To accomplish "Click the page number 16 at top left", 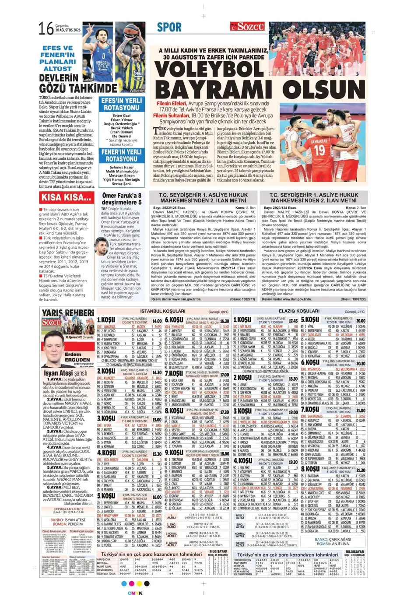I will coord(46,29).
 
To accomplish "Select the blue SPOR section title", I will coord(169,27).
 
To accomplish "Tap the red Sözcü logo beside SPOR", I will coord(251,27).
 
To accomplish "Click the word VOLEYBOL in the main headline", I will coord(210,70).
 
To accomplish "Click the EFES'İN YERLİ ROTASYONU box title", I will coord(122,104).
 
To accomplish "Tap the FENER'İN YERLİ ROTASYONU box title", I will coord(122,155).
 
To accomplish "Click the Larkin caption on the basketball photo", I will coord(88,80).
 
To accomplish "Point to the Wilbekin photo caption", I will coord(137,90).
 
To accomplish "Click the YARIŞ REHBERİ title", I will coord(68,312).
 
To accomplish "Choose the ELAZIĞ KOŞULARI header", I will coord(299,311).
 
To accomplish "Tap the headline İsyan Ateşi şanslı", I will coord(65,373).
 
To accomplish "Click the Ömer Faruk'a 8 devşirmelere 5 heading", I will coord(122,199).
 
